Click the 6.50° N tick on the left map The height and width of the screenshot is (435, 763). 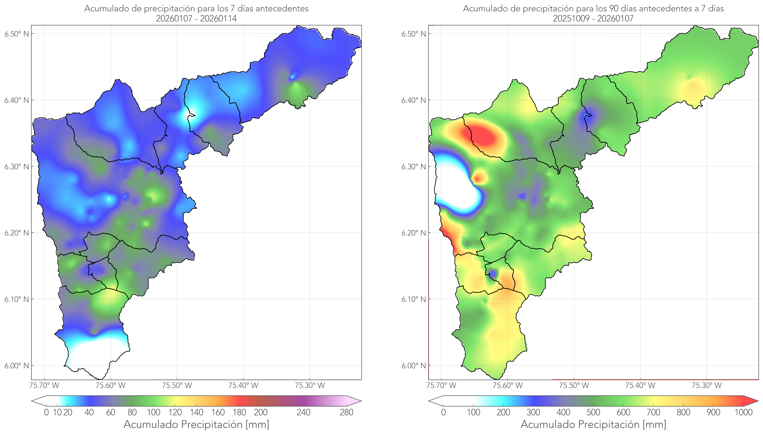tap(16, 34)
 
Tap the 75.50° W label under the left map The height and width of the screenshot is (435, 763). tap(177, 385)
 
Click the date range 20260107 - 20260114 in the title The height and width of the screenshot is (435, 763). tap(196, 18)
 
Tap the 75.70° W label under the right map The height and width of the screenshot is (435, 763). tap(441, 385)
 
